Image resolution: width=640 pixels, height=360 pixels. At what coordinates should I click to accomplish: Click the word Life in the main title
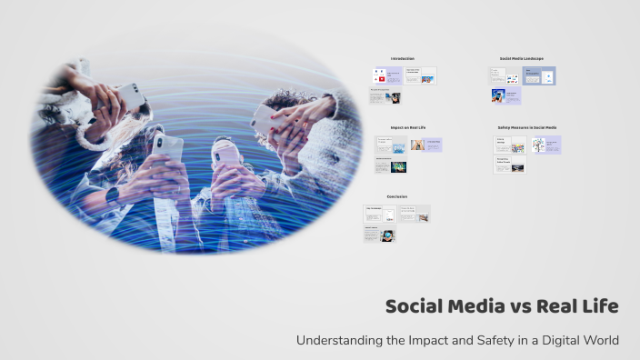(600, 306)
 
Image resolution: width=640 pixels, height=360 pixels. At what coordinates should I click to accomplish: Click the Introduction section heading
(402, 59)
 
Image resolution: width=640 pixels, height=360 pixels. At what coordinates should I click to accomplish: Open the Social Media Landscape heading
(521, 59)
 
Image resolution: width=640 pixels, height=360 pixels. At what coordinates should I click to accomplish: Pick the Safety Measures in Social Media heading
(527, 127)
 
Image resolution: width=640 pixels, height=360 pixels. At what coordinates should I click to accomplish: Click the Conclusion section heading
(396, 196)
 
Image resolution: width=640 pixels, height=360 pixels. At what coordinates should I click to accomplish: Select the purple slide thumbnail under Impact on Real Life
(433, 145)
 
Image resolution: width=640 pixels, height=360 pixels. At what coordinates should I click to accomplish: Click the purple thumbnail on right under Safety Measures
(546, 145)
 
